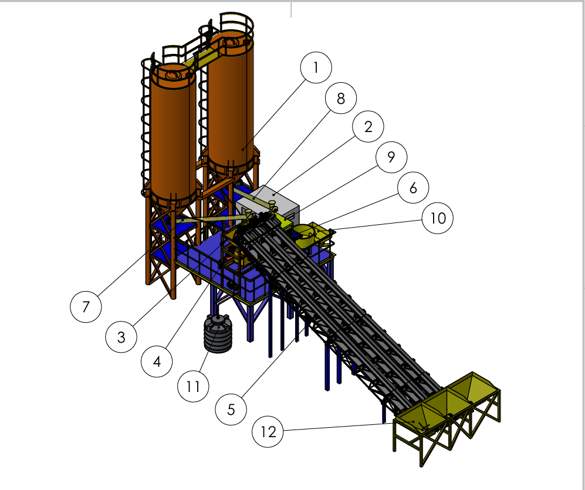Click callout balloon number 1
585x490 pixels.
point(316,67)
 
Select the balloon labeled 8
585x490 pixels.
point(341,98)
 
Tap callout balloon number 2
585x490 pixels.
point(368,127)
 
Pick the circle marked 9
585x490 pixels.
point(391,157)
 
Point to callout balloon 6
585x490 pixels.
point(414,188)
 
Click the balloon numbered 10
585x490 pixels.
point(438,218)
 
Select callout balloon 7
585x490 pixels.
point(86,307)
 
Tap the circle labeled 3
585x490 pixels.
point(121,337)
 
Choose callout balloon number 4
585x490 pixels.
point(157,361)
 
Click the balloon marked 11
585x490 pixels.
point(193,386)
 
